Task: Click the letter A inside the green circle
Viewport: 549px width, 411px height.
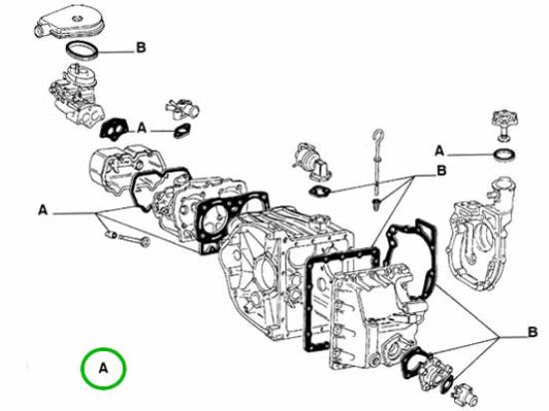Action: coord(103,368)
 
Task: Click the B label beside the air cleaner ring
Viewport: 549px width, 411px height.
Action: coord(141,48)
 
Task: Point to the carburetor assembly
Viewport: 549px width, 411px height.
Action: coord(75,95)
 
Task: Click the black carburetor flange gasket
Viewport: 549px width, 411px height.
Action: coord(114,129)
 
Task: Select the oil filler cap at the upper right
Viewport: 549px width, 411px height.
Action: coord(504,126)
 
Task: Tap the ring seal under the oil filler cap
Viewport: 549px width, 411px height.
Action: coord(504,155)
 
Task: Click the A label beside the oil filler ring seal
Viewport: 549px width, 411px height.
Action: coord(439,151)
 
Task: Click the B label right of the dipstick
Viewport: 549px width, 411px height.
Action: coord(442,171)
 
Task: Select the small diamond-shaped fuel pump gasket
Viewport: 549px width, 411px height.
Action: coord(320,191)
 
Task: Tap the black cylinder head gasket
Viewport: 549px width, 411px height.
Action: coord(233,219)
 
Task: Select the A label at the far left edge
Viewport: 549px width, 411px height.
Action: coord(43,210)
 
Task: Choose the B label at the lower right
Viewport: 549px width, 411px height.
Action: coord(532,331)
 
